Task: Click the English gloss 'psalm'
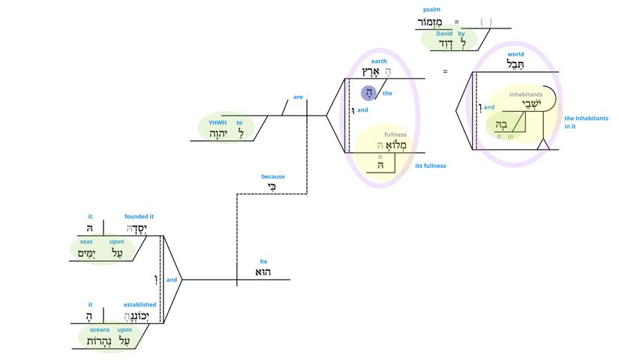tap(431, 10)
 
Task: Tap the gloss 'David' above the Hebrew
tap(445, 34)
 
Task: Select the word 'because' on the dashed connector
tap(273, 177)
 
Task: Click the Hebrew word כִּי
tap(273, 187)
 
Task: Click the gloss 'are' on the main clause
tap(298, 97)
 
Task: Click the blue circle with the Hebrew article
tap(368, 93)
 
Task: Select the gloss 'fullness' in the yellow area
tap(395, 135)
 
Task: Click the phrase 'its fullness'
tap(431, 165)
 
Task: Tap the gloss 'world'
tap(515, 54)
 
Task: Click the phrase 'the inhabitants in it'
tap(586, 123)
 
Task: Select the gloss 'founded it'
tap(140, 217)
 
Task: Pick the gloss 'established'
tap(140, 304)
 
